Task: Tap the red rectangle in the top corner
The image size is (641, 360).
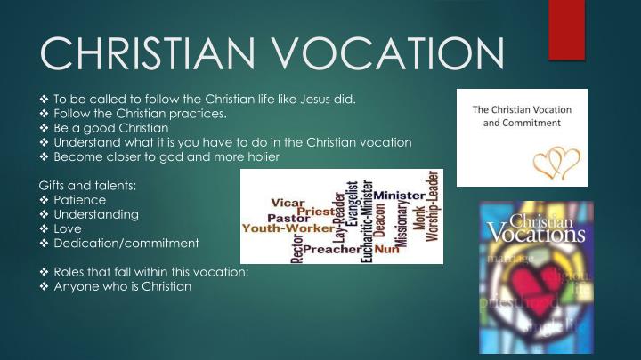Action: pyautogui.click(x=567, y=29)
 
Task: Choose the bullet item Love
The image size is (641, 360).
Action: pyautogui.click(x=69, y=228)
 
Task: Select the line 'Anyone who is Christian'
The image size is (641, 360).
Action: pyautogui.click(x=122, y=286)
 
